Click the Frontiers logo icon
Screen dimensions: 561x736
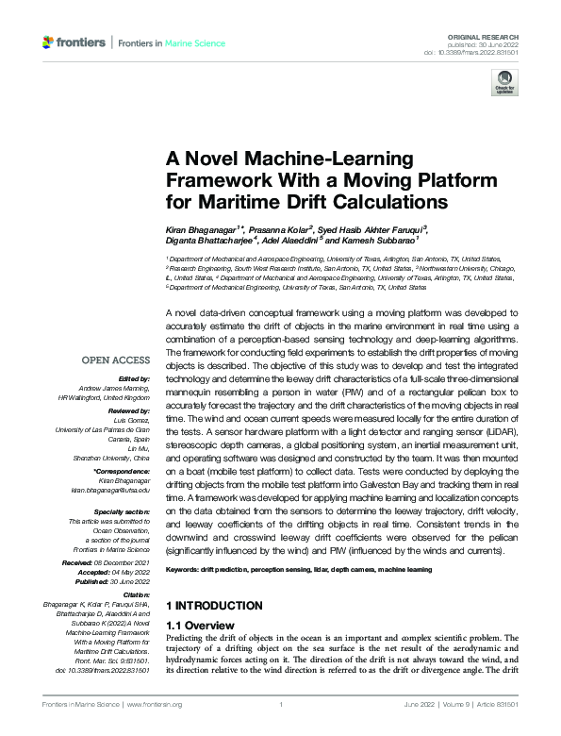(49, 42)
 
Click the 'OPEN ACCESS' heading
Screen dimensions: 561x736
(116, 360)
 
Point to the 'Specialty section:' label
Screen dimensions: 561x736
(123, 512)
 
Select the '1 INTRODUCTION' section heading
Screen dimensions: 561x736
(213, 605)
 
